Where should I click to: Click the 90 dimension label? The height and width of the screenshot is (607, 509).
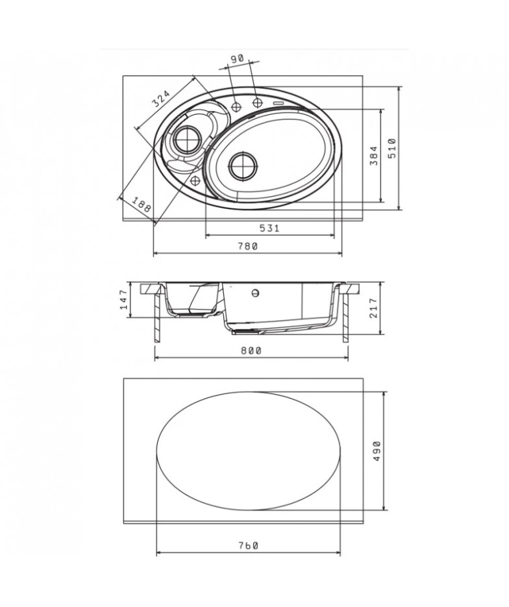(237, 58)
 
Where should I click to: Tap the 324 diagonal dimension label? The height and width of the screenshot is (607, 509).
(160, 99)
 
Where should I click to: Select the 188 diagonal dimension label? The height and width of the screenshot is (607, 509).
(141, 204)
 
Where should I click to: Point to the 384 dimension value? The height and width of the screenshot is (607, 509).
(373, 156)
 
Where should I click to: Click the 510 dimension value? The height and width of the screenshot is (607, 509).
(392, 148)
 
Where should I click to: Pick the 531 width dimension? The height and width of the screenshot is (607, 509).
(269, 228)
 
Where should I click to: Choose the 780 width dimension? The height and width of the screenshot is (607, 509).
(247, 246)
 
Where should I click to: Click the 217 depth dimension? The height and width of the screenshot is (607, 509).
(373, 308)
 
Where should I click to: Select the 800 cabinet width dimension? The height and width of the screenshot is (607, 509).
(251, 351)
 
